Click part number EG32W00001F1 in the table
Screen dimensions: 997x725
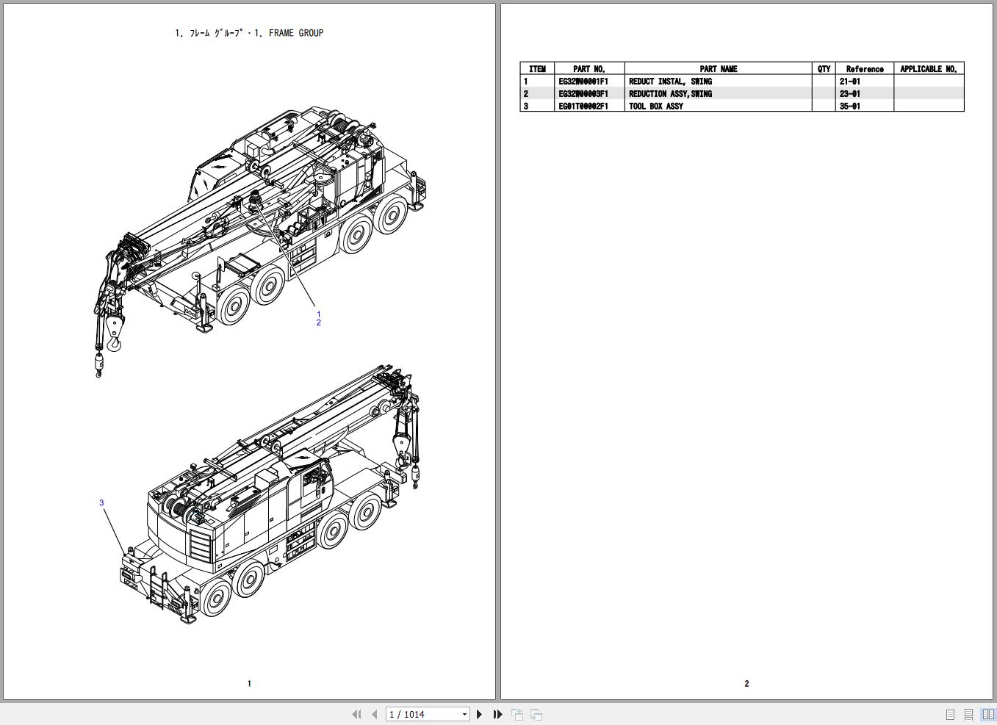pos(583,82)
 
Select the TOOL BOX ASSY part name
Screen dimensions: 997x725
pos(655,107)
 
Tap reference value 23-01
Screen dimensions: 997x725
pos(849,94)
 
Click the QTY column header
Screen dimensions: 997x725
pos(824,69)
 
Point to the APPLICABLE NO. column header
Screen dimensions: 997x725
pos(929,69)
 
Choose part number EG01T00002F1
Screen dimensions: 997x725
pos(583,107)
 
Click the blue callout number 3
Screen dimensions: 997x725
pos(101,502)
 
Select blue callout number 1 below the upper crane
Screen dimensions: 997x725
pos(318,314)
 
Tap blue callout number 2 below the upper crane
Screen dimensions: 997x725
pos(318,322)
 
